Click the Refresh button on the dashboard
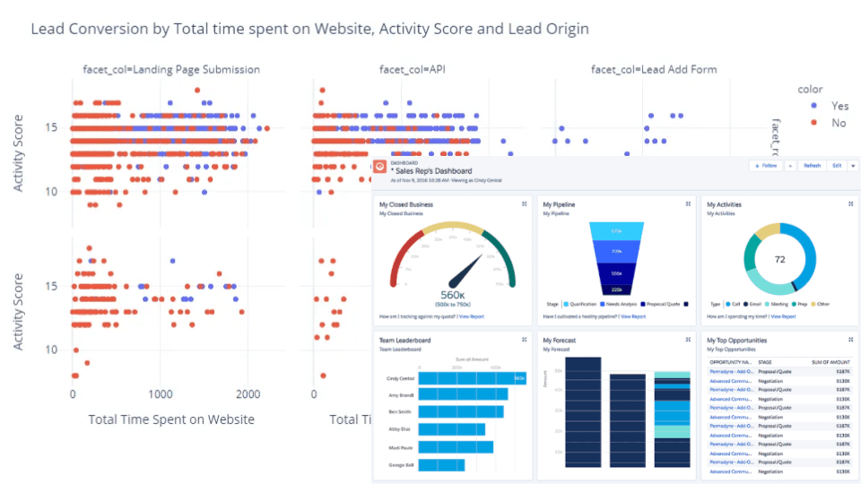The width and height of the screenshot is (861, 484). tap(812, 166)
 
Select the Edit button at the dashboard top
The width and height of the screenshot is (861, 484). tap(836, 166)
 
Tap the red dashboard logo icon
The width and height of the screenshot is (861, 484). tap(379, 167)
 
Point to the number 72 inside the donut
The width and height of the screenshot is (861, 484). tap(779, 259)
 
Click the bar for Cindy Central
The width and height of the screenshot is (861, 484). tap(472, 378)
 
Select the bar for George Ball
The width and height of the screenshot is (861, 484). tap(441, 464)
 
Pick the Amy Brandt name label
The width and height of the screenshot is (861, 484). tap(399, 395)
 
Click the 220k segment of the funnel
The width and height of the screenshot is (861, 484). tap(616, 290)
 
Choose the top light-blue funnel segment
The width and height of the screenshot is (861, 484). tap(616, 231)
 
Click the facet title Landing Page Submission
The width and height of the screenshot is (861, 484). tap(170, 69)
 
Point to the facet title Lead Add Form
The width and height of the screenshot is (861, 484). tap(654, 69)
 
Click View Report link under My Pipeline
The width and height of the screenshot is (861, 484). tap(632, 316)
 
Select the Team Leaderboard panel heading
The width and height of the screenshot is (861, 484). tap(404, 341)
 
